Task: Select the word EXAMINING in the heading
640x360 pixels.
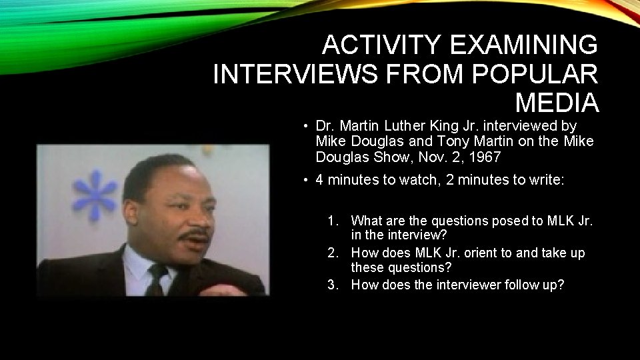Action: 524,45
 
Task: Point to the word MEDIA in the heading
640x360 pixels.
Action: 557,103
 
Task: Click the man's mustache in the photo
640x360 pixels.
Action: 197,235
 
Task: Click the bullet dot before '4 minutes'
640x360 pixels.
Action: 303,180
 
